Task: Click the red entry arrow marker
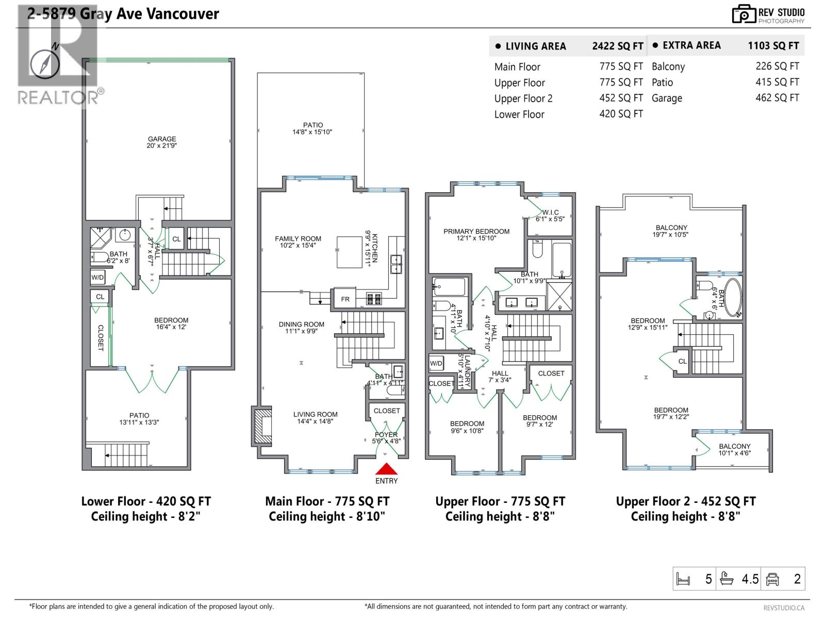tap(386, 469)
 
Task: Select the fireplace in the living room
tap(262, 426)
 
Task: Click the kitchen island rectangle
tap(350, 252)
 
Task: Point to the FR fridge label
tap(345, 299)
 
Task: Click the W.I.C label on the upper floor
tap(550, 213)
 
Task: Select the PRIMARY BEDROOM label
tap(476, 232)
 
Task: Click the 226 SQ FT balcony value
tap(777, 66)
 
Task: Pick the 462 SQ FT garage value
tap(777, 97)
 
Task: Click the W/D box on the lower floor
tap(97, 278)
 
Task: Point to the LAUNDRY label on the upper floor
tap(467, 370)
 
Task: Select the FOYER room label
tap(386, 435)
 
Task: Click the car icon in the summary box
tap(772, 579)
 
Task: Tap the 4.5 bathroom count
tap(750, 579)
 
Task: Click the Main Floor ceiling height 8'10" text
tap(327, 516)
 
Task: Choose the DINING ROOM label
tap(302, 324)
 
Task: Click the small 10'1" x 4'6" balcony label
tap(734, 450)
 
